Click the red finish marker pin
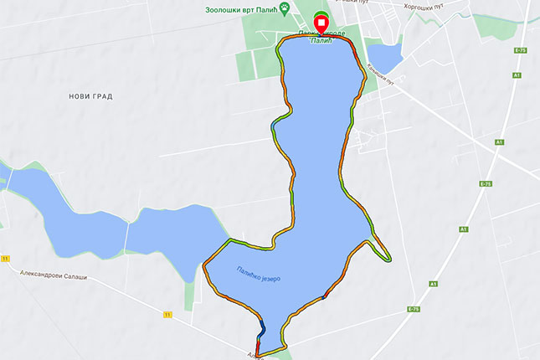pyautogui.click(x=321, y=24)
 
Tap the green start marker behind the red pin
pyautogui.click(x=321, y=16)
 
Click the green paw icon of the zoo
pyautogui.click(x=286, y=9)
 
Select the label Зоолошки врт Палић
pyautogui.click(x=241, y=9)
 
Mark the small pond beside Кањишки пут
pyautogui.click(x=384, y=57)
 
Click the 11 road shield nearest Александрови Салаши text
pyautogui.click(x=6, y=260)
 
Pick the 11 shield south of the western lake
pyautogui.click(x=167, y=314)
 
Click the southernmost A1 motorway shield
pyautogui.click(x=434, y=284)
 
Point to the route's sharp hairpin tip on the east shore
pyautogui.click(x=388, y=259)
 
